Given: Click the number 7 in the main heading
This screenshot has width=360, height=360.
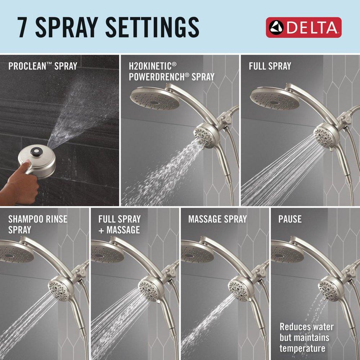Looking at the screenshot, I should tap(23, 27).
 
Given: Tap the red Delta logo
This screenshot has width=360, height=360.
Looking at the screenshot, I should tap(303, 27).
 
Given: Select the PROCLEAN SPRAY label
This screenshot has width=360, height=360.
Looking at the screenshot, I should tap(42, 67).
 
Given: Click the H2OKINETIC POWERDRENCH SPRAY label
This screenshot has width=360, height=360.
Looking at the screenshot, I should tap(172, 71).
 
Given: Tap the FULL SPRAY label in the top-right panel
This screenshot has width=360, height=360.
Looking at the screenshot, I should tap(270, 66).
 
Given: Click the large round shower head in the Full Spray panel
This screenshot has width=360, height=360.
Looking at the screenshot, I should tap(275, 98).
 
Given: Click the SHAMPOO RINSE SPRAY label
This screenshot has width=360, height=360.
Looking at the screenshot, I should tap(38, 224).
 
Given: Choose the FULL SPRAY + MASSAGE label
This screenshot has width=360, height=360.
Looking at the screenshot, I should tap(120, 224).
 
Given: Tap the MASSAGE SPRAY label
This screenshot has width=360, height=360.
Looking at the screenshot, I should tap(217, 219).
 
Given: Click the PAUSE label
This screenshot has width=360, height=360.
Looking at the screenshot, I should tap(290, 219).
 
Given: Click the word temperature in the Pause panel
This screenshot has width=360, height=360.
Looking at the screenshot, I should tap(302, 348).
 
